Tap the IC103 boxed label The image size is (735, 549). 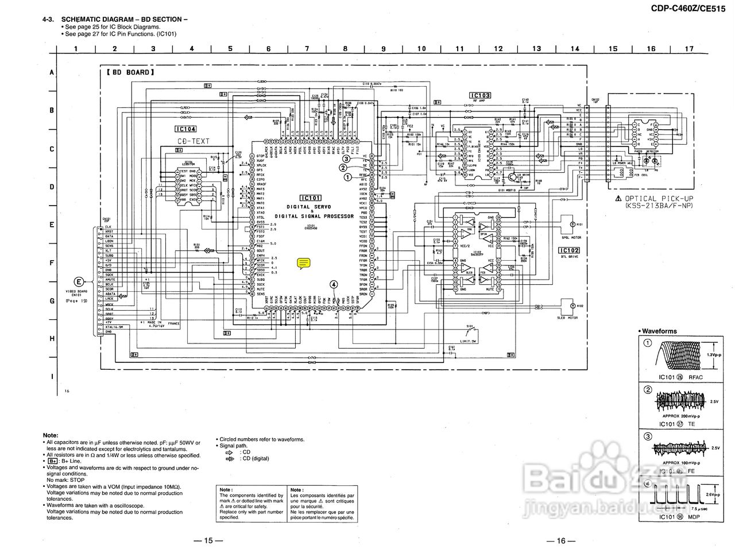click(479, 95)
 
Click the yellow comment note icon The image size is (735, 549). click(304, 264)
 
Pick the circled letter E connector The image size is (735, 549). click(79, 281)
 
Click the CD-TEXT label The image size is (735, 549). click(193, 141)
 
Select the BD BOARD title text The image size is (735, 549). click(130, 73)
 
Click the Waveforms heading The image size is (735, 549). click(659, 331)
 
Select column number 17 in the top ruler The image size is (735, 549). click(689, 49)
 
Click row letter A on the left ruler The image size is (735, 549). click(52, 73)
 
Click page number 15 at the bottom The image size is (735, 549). click(208, 540)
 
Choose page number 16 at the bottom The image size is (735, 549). click(561, 540)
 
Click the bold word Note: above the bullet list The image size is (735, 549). click(51, 435)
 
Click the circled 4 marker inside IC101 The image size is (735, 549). click(334, 283)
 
